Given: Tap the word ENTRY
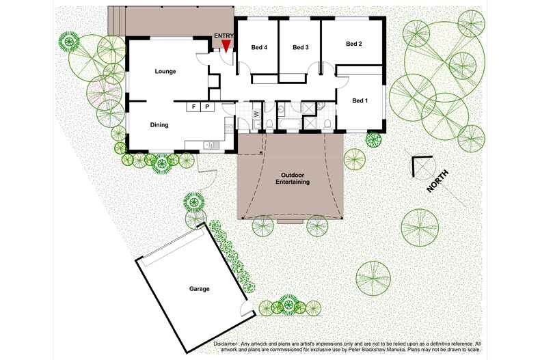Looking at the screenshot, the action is click(x=224, y=36).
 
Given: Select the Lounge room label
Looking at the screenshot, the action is click(x=165, y=72).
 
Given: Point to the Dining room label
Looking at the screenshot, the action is click(x=159, y=125).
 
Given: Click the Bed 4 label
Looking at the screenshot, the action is click(x=259, y=48).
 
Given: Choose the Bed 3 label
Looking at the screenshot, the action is click(x=300, y=48).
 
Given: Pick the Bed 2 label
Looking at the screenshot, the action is click(x=353, y=44).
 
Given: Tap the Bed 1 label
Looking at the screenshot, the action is click(x=360, y=101).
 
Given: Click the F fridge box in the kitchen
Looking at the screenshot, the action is click(x=193, y=107).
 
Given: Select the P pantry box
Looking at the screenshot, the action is click(x=207, y=107).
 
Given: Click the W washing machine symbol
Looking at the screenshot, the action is click(x=256, y=114).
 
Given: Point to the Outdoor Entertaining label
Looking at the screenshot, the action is click(x=293, y=178).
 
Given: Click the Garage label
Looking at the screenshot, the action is click(x=200, y=289).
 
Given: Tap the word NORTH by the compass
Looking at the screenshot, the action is click(x=437, y=181).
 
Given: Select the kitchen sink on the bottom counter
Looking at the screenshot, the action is click(x=208, y=146).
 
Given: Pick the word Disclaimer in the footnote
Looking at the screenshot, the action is click(x=226, y=344).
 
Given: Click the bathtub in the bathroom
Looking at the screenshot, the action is click(x=288, y=124).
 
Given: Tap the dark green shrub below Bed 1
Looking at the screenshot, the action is click(x=374, y=139).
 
